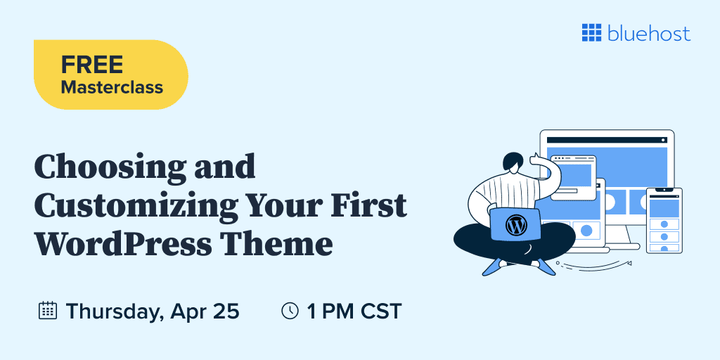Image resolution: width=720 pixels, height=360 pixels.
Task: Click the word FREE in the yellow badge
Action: tap(91, 65)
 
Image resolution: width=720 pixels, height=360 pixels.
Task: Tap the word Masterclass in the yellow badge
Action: tap(112, 88)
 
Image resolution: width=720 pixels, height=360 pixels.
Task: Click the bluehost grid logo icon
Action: tap(591, 32)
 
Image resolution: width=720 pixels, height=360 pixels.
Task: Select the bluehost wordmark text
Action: tap(648, 33)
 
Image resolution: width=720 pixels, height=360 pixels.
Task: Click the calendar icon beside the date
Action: tap(47, 311)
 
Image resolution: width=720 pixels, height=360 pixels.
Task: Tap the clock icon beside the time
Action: tap(290, 311)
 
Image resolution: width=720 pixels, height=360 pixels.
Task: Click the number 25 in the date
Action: tap(225, 311)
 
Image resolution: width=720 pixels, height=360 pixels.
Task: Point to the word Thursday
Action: tap(113, 311)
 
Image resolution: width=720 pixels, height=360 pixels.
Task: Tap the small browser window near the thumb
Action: tap(573, 175)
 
